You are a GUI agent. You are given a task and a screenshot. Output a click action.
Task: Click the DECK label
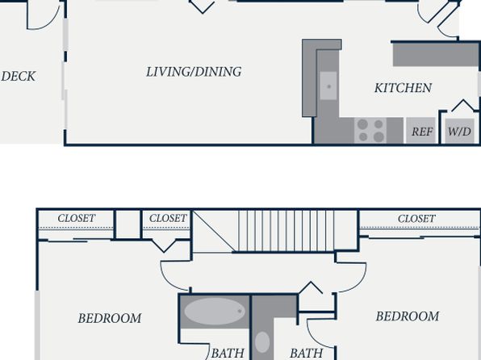[19, 77]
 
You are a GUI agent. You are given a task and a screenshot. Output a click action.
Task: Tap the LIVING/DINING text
[194, 72]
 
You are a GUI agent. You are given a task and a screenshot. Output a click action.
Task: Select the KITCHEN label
[403, 88]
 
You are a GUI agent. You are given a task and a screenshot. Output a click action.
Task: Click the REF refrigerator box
[421, 131]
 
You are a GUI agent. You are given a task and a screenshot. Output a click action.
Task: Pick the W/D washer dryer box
[459, 131]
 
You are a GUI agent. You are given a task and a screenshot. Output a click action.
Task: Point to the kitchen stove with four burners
[370, 131]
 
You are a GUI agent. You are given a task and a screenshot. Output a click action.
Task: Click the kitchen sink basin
[328, 86]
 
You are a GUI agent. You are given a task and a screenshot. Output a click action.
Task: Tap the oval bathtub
[215, 312]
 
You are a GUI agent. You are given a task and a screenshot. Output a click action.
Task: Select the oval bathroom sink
[262, 342]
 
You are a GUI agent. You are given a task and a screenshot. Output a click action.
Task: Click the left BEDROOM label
[110, 318]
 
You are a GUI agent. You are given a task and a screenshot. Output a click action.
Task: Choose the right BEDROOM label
[408, 316]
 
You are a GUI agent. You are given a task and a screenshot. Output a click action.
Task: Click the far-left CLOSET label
[77, 218]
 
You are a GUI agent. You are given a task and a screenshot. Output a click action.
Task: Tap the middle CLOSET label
[168, 218]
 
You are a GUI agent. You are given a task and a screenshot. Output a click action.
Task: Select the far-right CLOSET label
[416, 219]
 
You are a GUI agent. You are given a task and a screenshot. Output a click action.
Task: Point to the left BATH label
[228, 354]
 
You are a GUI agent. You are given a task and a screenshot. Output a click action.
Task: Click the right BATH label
[306, 354]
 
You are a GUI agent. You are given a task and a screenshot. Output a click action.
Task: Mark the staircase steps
[286, 231]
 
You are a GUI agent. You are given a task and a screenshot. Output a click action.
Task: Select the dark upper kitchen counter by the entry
[436, 55]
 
